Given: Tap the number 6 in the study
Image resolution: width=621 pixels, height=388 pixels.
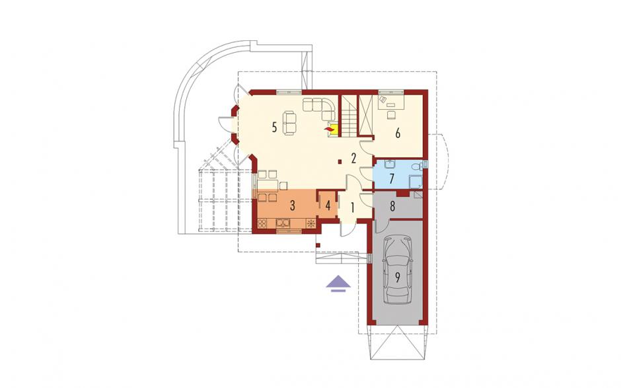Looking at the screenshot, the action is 398,133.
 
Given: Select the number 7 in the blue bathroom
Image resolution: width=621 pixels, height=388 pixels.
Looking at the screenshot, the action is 391,178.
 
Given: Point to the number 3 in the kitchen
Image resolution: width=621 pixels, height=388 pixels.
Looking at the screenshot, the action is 292,206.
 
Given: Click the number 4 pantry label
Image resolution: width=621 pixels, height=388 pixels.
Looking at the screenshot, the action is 328,206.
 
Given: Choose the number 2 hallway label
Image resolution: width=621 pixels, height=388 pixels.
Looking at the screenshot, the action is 353,158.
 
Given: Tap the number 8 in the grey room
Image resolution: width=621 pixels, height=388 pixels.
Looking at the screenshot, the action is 392,206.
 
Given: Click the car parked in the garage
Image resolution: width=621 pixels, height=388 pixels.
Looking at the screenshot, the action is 397,270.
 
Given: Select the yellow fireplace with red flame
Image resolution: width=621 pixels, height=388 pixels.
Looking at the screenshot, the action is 331,130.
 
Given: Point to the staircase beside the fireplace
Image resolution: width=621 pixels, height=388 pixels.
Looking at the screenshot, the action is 349,116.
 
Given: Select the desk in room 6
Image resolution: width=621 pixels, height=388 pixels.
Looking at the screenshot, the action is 391,102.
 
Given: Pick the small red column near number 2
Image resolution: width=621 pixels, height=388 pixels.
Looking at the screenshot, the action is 340,161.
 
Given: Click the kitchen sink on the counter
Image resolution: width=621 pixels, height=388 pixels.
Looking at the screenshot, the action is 283,223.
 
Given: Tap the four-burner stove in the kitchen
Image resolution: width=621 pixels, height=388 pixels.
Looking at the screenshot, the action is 262,223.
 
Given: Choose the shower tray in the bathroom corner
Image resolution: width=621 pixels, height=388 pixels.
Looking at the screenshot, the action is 416,182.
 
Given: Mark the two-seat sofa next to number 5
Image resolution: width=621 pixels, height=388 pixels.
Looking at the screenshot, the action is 289,123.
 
